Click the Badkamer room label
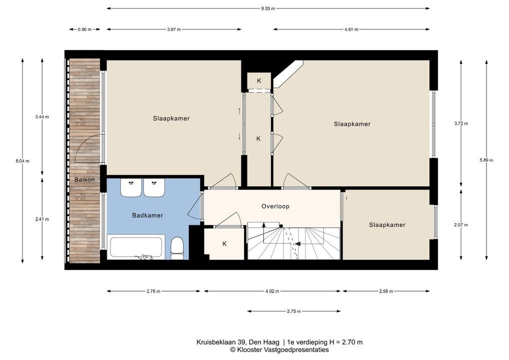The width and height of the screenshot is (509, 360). click(147, 215)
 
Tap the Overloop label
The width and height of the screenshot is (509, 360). click(275, 206)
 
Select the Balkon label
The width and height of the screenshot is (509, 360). click(84, 179)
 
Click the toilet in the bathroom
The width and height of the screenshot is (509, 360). click(177, 248)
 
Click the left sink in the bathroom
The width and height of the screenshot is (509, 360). click(131, 187)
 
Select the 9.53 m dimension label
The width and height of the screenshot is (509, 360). click(268, 8)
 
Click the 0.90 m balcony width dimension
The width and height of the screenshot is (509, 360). click(84, 29)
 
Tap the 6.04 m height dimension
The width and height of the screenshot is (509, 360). click(22, 160)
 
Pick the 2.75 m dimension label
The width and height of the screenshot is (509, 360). click(294, 311)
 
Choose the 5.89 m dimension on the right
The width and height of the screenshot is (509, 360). click(486, 160)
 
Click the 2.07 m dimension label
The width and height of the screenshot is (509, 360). click(461, 224)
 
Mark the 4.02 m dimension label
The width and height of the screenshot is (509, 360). click(272, 291)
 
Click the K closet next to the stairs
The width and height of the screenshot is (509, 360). click(224, 244)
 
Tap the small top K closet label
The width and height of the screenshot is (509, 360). click(259, 81)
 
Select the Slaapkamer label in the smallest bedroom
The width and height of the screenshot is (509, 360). click(387, 224)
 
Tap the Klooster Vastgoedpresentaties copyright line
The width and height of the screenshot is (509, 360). click(279, 349)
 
